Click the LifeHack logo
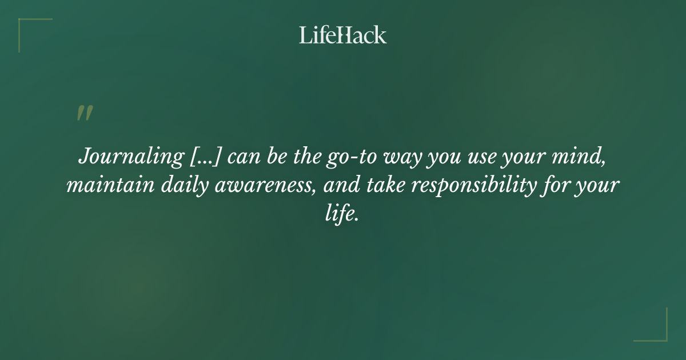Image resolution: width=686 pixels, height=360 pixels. click(x=342, y=35)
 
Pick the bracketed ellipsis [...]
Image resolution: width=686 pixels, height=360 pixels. click(x=205, y=157)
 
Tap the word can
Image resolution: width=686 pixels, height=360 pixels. click(x=245, y=157)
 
